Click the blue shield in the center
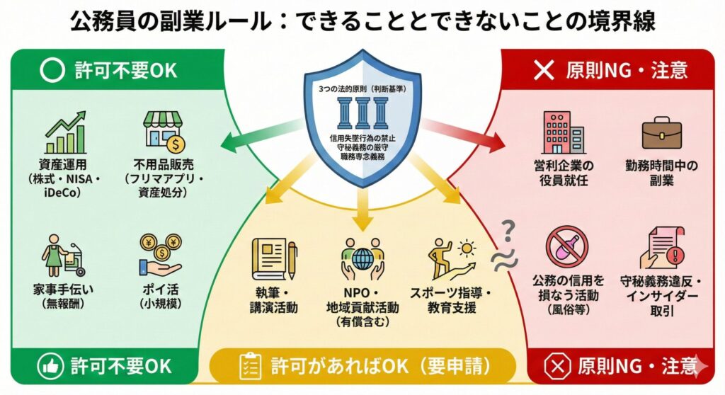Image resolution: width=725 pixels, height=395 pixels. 362,117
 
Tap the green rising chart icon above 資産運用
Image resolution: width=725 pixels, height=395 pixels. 64,130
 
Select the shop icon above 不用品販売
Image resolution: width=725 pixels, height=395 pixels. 164,130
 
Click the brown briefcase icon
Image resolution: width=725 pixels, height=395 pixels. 662,134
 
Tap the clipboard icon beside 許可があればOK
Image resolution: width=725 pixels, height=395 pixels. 246,367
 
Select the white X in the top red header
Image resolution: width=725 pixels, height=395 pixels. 543,70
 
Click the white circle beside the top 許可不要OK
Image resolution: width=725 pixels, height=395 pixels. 52,70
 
